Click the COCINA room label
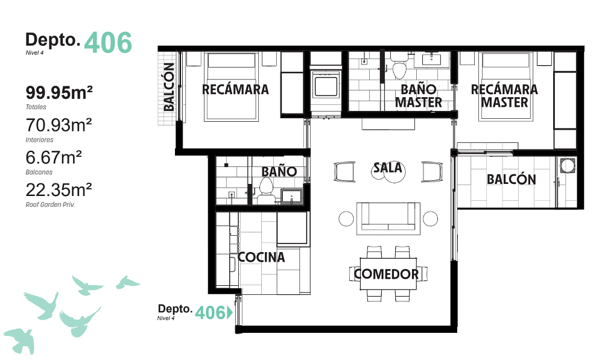261,257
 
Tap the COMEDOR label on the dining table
386,274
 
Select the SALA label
388,168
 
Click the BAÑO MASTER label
418,96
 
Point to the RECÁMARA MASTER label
504,96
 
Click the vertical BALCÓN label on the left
169,87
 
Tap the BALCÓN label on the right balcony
511,180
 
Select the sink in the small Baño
291,197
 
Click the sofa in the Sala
388,218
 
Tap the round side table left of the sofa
346,219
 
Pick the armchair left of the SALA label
344,172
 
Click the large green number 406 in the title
108,42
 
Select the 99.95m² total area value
59,92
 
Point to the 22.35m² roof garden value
59,190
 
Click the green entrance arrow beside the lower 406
230,312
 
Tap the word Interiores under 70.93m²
39,140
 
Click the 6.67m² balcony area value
54,157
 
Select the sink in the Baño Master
432,60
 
